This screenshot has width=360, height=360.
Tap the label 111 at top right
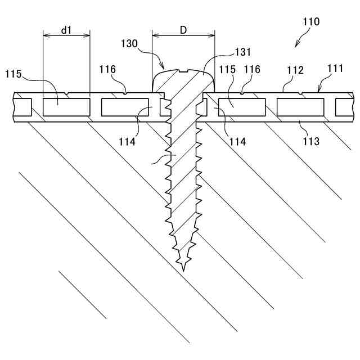point(335,68)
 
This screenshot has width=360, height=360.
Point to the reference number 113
point(310,141)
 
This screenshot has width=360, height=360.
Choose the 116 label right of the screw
point(252,69)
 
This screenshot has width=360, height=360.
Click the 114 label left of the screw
point(127,142)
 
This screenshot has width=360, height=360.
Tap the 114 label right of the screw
point(237,142)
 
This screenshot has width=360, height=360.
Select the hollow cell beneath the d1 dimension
point(66,106)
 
